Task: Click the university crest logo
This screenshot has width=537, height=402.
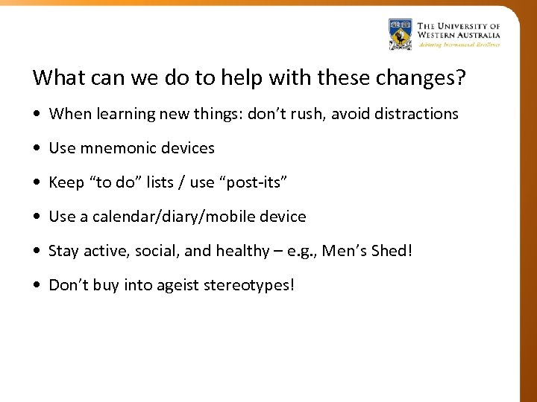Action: pos(400,33)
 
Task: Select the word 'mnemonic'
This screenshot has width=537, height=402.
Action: pos(113,148)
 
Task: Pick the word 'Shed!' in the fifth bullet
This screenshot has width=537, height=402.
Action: pos(392,251)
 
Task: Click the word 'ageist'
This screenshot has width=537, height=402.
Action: pos(177,286)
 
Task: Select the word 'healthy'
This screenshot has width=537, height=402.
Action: pos(242,252)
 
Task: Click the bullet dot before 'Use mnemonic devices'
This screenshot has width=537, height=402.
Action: pos(37,149)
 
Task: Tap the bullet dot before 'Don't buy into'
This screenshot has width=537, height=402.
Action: pos(37,286)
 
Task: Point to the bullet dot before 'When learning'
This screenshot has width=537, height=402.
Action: pos(37,115)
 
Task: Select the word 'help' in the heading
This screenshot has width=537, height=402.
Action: pos(228,77)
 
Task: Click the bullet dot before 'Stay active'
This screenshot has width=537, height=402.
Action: pos(37,252)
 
